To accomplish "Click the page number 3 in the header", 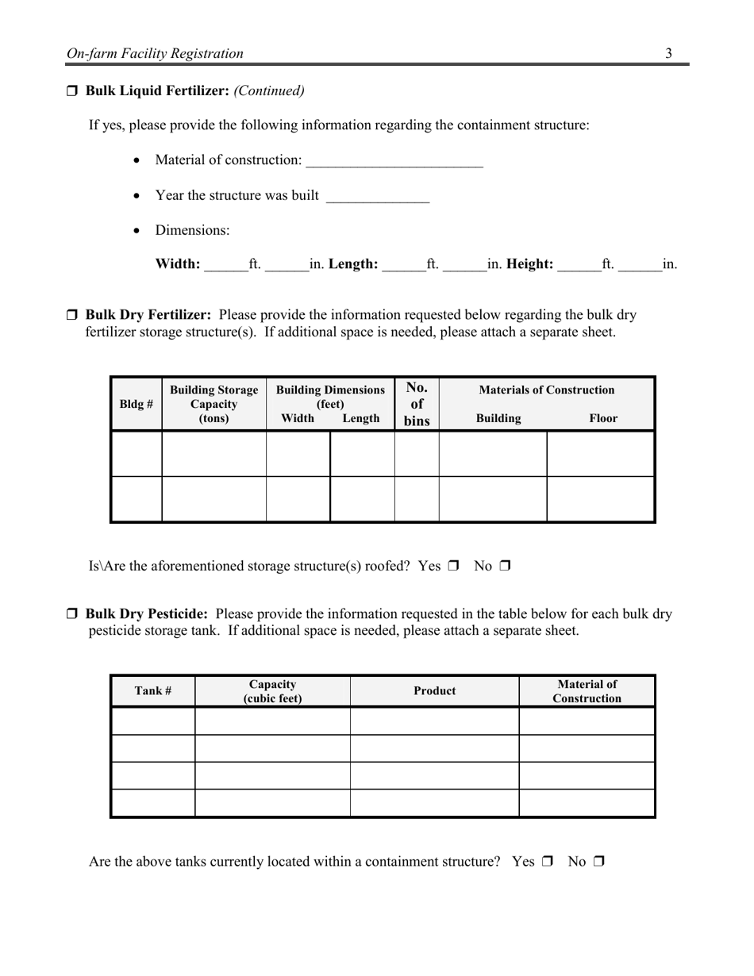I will pyautogui.click(x=668, y=54).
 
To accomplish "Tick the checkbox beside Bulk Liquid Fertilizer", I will pyautogui.click(x=71, y=91).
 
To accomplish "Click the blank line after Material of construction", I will pyautogui.click(x=394, y=161).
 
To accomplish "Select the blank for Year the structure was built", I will pyautogui.click(x=378, y=196).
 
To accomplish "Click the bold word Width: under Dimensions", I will pyautogui.click(x=178, y=264).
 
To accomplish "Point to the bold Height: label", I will pyautogui.click(x=529, y=264).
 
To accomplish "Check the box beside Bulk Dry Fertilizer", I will pyautogui.click(x=71, y=315).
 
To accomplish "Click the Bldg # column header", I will pyautogui.click(x=136, y=404).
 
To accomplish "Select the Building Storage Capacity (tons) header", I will pyautogui.click(x=214, y=404).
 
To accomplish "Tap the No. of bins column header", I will pyautogui.click(x=417, y=404).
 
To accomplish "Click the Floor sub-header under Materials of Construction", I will pyautogui.click(x=603, y=418).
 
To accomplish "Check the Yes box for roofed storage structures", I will pyautogui.click(x=453, y=567).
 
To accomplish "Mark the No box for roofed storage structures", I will pyautogui.click(x=505, y=567).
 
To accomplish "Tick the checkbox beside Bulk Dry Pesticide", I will pyautogui.click(x=71, y=614).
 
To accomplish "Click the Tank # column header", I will pyautogui.click(x=153, y=690).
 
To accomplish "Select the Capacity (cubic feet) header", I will pyautogui.click(x=272, y=691).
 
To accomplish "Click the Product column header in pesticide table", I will pyautogui.click(x=434, y=690).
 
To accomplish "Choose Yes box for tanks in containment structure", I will pyautogui.click(x=547, y=862).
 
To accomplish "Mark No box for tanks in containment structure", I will pyautogui.click(x=598, y=862).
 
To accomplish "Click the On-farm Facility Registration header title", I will pyautogui.click(x=155, y=54).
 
